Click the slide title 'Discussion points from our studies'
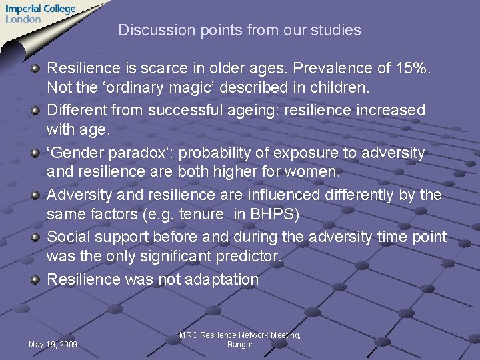point(239,30)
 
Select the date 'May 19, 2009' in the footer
point(53,345)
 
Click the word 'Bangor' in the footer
point(240,345)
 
